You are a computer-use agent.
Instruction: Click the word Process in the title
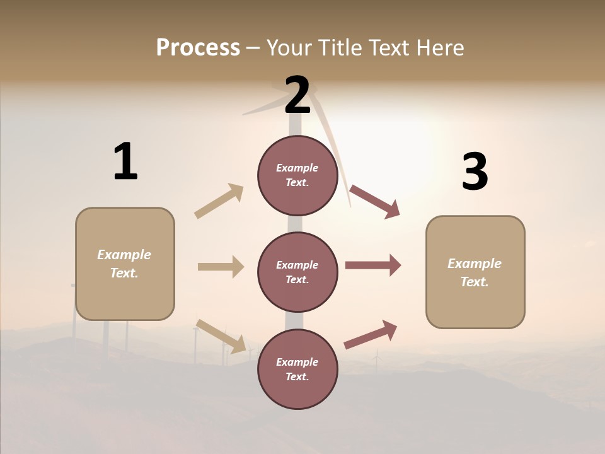click(198, 47)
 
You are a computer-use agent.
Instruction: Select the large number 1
click(125, 162)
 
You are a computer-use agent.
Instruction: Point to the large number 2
click(297, 95)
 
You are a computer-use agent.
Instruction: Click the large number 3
click(475, 172)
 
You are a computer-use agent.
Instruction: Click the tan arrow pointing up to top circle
click(219, 201)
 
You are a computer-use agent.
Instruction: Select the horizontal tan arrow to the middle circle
click(221, 267)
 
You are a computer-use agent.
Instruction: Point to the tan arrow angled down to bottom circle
click(221, 335)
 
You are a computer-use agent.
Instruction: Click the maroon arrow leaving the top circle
click(374, 202)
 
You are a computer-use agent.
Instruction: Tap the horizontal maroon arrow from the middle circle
click(373, 265)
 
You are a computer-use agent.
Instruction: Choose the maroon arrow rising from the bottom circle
click(371, 334)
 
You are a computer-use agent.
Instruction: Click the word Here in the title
click(439, 47)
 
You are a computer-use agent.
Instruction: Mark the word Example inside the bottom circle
click(297, 362)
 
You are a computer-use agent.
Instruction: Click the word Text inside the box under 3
click(475, 282)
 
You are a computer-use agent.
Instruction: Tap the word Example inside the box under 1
click(124, 255)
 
